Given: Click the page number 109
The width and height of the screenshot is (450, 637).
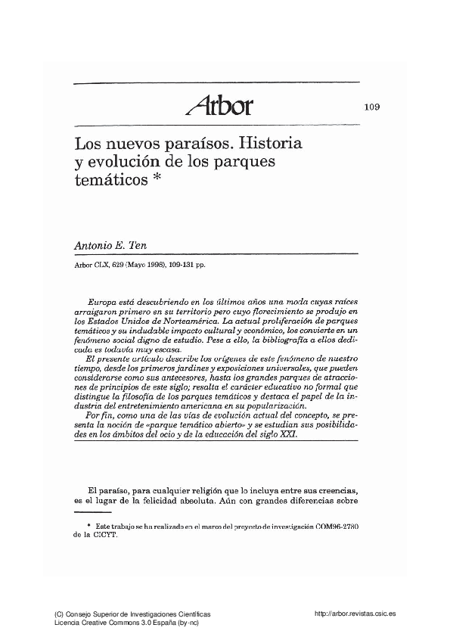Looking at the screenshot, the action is (x=371, y=106).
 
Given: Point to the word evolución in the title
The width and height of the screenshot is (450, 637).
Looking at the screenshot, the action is (x=125, y=160).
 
